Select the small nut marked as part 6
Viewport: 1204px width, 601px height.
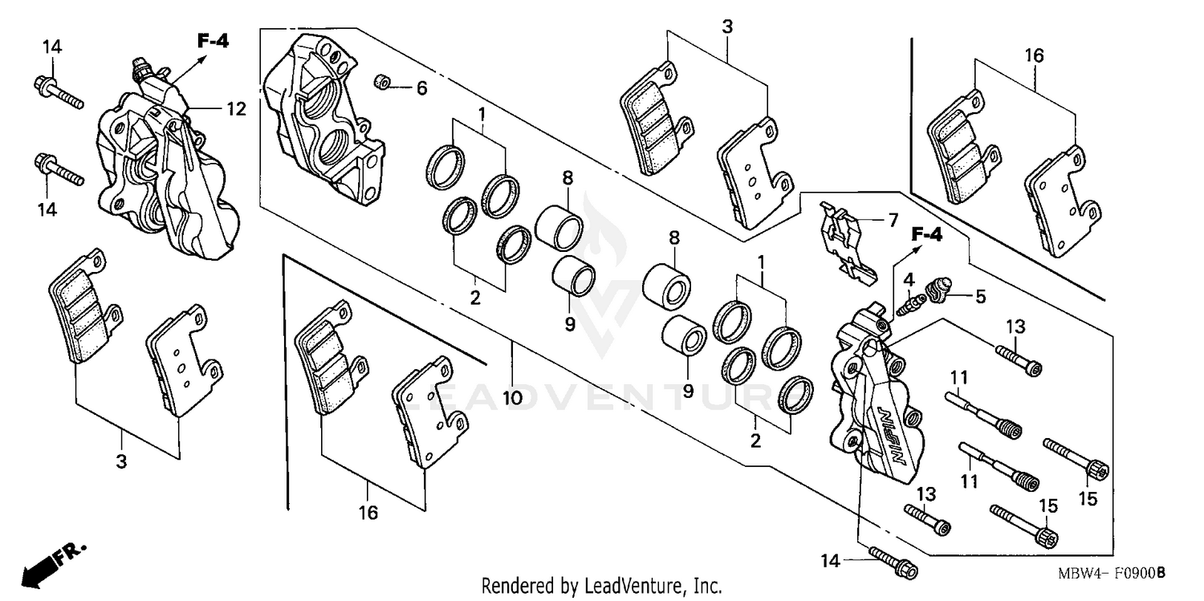384,82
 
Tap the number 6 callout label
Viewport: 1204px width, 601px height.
421,88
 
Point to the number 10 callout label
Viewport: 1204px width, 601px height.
512,397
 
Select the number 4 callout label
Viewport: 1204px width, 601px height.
909,279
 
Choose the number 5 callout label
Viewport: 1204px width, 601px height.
980,295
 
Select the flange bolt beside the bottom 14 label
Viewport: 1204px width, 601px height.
892,564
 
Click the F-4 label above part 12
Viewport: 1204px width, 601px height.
213,41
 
